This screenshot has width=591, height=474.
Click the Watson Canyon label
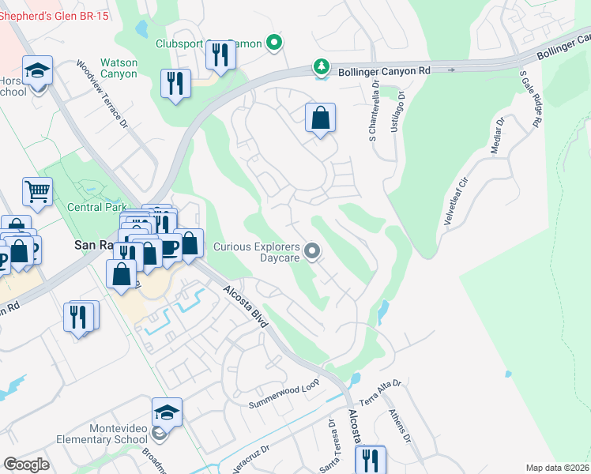pyautogui.click(x=119, y=68)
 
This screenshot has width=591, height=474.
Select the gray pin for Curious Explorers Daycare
pyautogui.click(x=312, y=252)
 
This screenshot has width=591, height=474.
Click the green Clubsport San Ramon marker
pyautogui.click(x=273, y=43)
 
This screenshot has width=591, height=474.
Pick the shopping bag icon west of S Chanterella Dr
pyautogui.click(x=320, y=119)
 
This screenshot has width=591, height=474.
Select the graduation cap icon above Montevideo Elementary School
pyautogui.click(x=167, y=413)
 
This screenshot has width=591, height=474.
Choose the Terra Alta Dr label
pyautogui.click(x=381, y=391)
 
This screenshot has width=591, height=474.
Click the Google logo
pyautogui.click(x=26, y=464)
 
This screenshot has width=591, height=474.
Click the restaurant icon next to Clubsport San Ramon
pyautogui.click(x=220, y=55)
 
